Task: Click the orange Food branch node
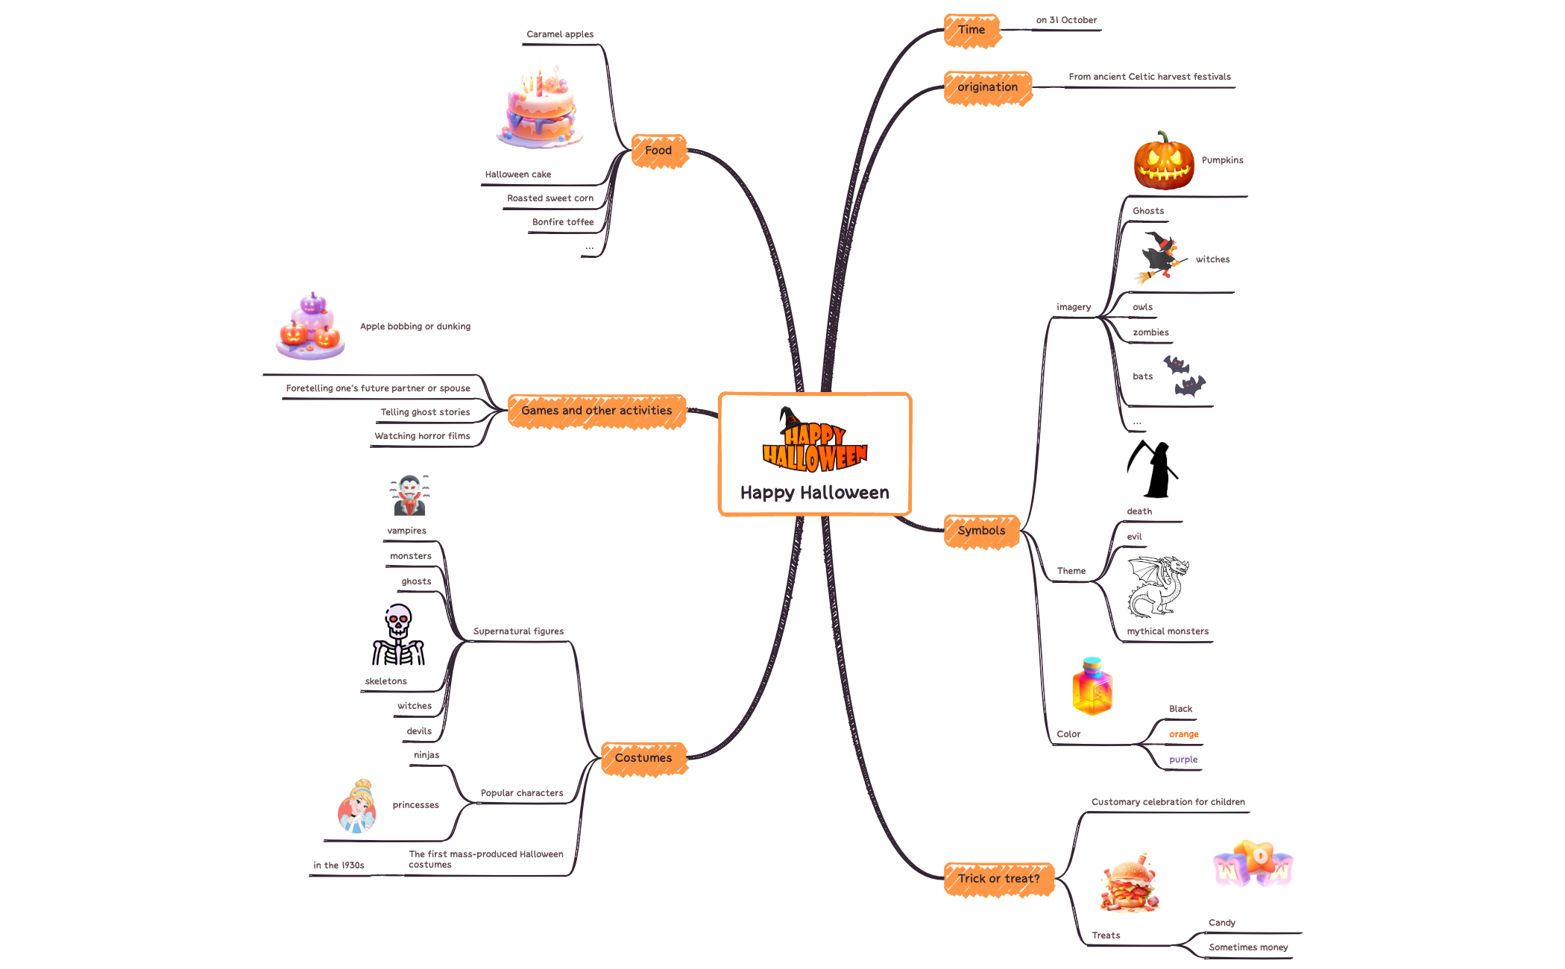click(x=658, y=151)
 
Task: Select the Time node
click(x=972, y=31)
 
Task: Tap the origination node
click(x=987, y=88)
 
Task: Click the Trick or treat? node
click(x=998, y=880)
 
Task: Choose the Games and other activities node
click(x=596, y=411)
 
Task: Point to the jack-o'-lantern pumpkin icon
click(x=1163, y=161)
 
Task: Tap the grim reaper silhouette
click(x=1153, y=470)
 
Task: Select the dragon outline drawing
click(x=1158, y=587)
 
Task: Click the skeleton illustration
click(x=398, y=635)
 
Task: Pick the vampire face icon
click(x=409, y=496)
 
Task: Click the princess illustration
click(x=357, y=807)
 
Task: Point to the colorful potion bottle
click(x=1092, y=686)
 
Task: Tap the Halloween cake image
click(x=541, y=108)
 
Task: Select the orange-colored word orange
click(x=1183, y=735)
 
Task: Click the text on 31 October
click(x=1066, y=20)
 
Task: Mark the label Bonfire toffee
click(x=563, y=222)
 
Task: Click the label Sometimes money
click(x=1248, y=947)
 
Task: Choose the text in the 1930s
click(x=338, y=865)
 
